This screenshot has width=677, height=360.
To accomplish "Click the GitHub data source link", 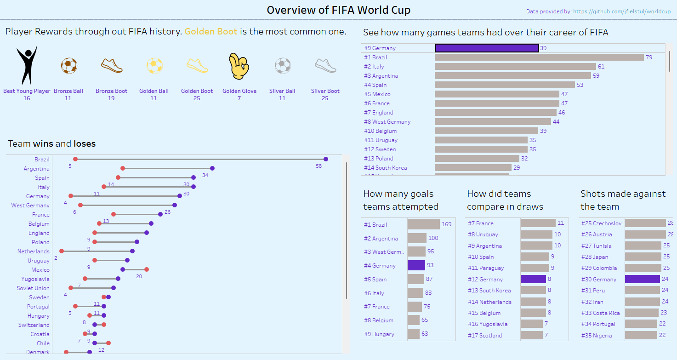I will [622, 11].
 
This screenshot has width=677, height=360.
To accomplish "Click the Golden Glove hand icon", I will [239, 66].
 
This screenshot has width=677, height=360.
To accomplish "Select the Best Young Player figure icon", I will [27, 66].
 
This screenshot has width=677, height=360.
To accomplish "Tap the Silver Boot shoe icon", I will [325, 66].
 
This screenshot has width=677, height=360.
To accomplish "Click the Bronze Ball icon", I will [68, 66].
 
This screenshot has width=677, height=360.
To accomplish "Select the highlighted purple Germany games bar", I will [487, 48].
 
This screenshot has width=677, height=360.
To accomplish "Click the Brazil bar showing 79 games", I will [539, 57].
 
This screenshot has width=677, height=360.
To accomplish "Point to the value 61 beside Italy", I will [601, 67].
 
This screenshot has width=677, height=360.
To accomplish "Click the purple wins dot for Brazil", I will [326, 159].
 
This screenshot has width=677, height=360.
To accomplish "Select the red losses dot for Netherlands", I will [62, 251].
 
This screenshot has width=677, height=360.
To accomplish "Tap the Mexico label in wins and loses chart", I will [40, 270].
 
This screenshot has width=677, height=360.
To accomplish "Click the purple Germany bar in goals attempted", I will [416, 265].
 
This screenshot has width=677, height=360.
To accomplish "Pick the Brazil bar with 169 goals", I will [423, 224].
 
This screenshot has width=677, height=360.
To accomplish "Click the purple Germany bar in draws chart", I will [533, 279].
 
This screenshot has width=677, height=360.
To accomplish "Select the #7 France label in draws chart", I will [481, 223].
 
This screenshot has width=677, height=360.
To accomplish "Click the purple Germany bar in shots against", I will [642, 279].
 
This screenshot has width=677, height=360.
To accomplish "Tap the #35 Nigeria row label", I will [596, 336].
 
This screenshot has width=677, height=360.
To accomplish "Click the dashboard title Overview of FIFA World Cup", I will [339, 10].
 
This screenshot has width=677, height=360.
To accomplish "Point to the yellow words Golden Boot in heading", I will [211, 32].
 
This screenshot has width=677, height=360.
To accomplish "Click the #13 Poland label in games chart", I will [379, 159].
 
